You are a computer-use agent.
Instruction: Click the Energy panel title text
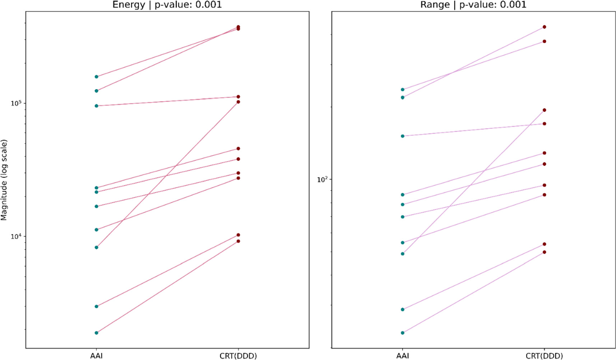pos(167,5)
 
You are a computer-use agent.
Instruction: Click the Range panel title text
pos(473,5)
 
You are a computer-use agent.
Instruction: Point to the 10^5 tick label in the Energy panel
pos(17,103)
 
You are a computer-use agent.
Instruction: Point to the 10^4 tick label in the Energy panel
pos(17,236)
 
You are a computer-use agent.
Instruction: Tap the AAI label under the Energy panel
pos(96,356)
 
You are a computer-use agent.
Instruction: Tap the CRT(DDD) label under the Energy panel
pos(238,356)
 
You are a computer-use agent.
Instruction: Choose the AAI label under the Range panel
pos(403,356)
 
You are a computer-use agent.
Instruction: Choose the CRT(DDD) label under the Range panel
pos(544,356)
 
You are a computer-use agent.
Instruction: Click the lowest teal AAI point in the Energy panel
pos(96,333)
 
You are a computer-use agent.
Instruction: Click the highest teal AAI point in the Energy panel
pos(96,77)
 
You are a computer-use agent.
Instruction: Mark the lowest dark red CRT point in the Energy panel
pos(238,241)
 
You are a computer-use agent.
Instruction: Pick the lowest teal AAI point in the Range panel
pos(403,333)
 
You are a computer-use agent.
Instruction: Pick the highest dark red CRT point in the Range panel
pos(545,27)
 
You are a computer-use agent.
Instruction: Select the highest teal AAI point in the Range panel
pos(403,90)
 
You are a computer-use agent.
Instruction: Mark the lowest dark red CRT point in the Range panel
pos(545,252)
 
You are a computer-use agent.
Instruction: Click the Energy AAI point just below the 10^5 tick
pos(96,106)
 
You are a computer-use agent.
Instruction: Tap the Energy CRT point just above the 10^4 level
pos(238,235)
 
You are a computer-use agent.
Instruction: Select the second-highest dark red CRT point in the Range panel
pos(545,41)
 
